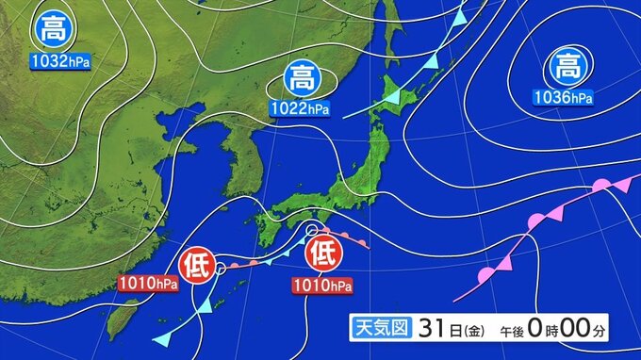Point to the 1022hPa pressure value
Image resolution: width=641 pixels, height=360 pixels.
coord(301,107)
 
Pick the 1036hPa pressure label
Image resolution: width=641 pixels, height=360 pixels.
coord(563,96)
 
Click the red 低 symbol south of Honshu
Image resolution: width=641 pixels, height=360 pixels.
coord(323,254)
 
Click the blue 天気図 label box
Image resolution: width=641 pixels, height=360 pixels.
coord(379,327)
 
